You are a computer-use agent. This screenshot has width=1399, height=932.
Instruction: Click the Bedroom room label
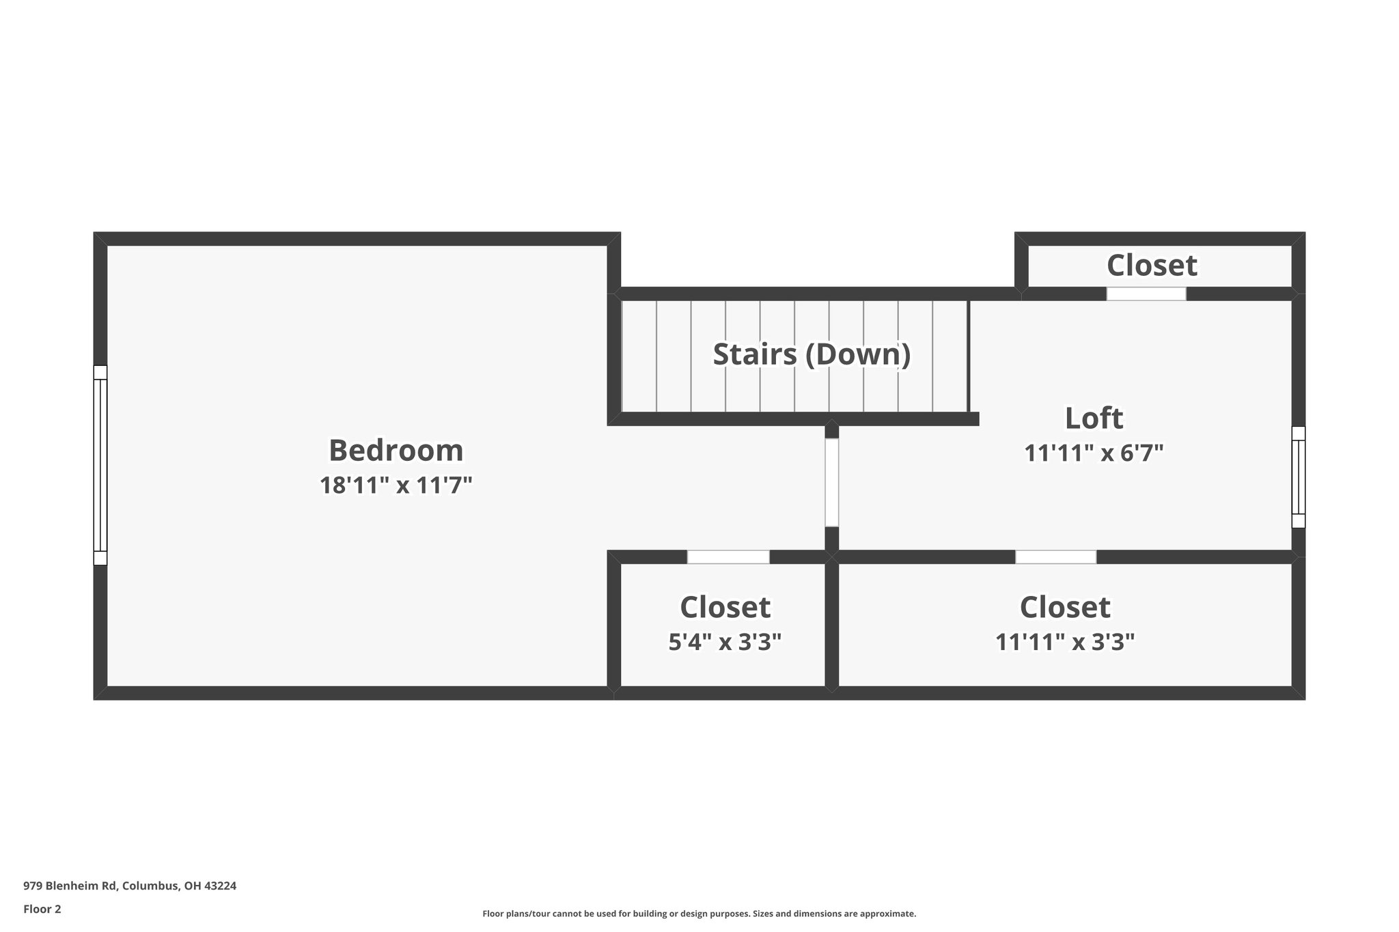396,451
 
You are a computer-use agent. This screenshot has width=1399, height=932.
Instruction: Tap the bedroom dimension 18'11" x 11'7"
396,485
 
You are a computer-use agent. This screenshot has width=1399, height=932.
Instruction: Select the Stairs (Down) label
812,354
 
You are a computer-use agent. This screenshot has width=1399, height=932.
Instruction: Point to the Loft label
1094,418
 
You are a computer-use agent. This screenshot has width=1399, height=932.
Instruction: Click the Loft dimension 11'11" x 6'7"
1094,453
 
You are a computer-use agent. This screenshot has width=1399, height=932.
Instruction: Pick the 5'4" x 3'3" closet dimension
724,642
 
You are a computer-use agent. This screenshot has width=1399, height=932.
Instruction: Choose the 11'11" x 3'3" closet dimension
1064,642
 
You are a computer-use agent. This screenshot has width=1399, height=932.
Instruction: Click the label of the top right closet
1151,265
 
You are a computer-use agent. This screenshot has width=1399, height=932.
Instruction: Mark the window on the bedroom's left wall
100,465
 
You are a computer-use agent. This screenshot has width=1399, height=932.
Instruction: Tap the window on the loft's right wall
1298,477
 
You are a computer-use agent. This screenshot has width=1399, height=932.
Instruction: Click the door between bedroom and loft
831,482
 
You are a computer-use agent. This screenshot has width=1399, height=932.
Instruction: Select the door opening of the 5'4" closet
728,557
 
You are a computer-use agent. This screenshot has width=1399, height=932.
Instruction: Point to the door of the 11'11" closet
1055,557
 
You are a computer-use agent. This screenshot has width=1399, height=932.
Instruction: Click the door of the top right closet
1146,294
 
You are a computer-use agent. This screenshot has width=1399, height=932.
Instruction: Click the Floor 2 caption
42,909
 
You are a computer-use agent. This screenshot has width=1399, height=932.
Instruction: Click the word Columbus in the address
151,886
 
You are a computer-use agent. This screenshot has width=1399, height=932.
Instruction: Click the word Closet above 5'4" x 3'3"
724,607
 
